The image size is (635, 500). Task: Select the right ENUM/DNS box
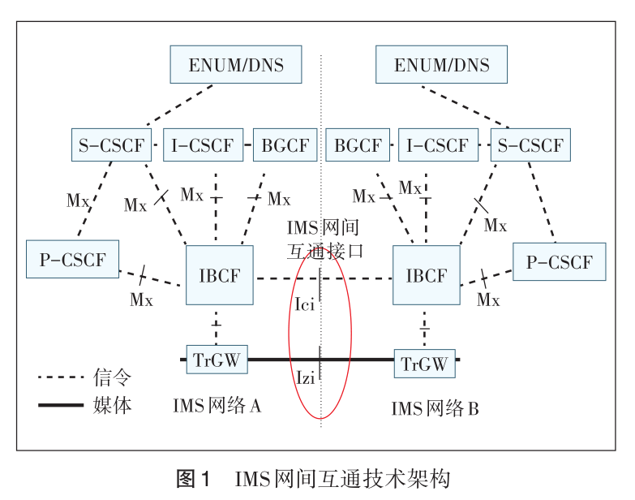point(442,64)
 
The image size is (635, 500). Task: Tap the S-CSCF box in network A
point(112,146)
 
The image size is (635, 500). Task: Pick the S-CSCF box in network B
point(530,146)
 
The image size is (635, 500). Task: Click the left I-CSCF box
point(203,146)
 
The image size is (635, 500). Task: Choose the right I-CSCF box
point(437,146)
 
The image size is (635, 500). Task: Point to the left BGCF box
point(285,146)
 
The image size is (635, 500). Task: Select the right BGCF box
point(358,146)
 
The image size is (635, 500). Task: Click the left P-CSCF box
point(72,260)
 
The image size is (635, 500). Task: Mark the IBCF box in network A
point(220,275)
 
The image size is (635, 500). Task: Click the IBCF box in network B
point(426,275)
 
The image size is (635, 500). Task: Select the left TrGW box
point(217,359)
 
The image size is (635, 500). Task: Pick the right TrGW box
point(424,364)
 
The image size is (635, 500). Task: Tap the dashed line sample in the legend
point(61,377)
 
